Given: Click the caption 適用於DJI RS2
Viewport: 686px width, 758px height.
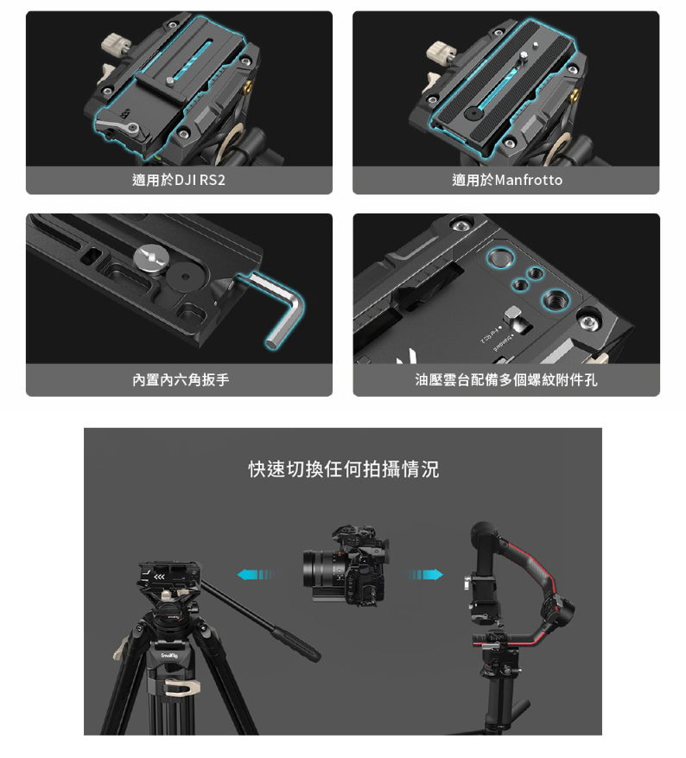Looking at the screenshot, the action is tap(179, 181).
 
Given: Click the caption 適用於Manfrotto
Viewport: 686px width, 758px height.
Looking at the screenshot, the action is tap(507, 181).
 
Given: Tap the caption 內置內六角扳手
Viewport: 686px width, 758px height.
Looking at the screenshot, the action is tap(181, 380).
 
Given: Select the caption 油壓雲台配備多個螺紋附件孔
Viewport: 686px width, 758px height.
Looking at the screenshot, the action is tap(506, 380).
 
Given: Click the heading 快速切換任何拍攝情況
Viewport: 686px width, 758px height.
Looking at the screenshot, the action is tap(344, 469).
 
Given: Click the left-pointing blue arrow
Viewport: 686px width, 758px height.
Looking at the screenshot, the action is tap(255, 575).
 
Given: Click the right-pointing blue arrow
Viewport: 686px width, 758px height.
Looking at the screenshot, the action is tap(425, 575).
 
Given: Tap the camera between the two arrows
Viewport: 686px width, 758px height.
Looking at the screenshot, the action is tap(346, 564).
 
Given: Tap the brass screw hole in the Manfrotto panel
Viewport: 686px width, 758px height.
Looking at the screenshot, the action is tap(575, 96).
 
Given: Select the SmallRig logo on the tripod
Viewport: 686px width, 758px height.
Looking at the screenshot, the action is tap(169, 655).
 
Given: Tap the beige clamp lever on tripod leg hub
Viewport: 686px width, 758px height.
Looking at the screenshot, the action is tap(181, 687).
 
